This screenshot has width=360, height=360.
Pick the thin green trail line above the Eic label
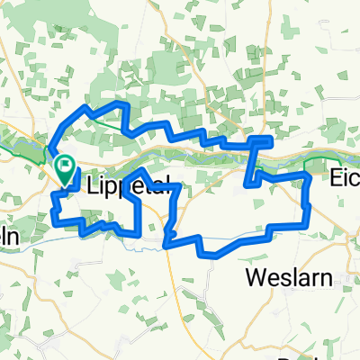[333, 159]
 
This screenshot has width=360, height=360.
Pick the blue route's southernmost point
[216, 254]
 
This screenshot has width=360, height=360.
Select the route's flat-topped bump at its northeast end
[261, 140]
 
